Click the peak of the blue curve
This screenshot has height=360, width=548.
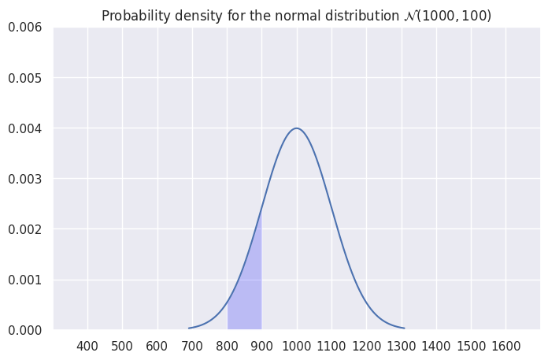pos(297,128)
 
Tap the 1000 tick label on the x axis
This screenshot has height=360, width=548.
pos(297,347)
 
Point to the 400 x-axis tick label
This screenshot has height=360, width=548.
pos(87,347)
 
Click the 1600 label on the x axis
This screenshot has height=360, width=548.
pos(505,347)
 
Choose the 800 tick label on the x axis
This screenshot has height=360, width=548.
pos(227,347)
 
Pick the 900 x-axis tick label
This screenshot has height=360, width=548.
pos(261,347)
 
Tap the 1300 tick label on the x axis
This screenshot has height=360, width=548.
pos(401,347)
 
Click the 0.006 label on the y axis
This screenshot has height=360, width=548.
pos(25,28)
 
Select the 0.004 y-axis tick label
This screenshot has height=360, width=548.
pos(25,128)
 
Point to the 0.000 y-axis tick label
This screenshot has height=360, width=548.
pos(25,330)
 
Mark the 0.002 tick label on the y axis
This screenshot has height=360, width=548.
pos(25,229)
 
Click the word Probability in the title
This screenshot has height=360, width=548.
pos(135,17)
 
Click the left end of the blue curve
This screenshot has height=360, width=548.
pos(189,328)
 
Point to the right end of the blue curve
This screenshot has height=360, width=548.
pos(404,328)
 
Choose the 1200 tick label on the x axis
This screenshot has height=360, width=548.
pos(366,347)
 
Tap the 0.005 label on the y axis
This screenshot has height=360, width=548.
pos(25,78)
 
